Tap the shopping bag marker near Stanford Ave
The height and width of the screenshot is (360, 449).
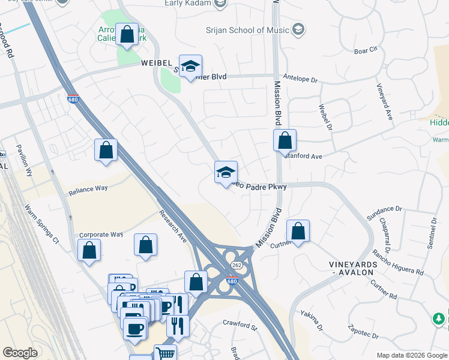285,141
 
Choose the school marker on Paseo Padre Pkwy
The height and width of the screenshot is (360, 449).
226,173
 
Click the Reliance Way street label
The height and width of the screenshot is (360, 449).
88,188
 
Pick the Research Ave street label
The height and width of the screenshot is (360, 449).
173,226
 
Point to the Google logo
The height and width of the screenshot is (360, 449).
20,353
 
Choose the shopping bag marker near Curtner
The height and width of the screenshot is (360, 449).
298,231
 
